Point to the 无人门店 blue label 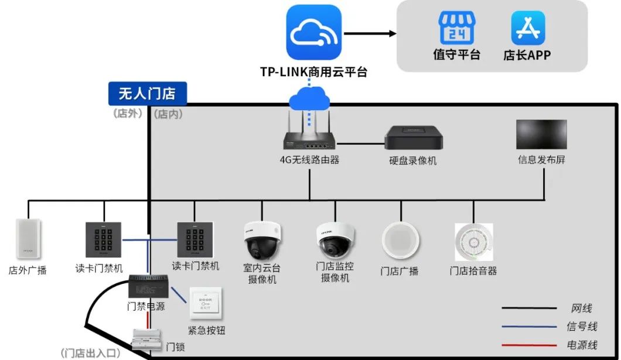147,93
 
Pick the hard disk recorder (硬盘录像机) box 413,138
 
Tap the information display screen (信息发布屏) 541,134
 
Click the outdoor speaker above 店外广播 28,239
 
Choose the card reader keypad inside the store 195,240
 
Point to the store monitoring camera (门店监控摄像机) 335,239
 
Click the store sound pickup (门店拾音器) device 473,242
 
